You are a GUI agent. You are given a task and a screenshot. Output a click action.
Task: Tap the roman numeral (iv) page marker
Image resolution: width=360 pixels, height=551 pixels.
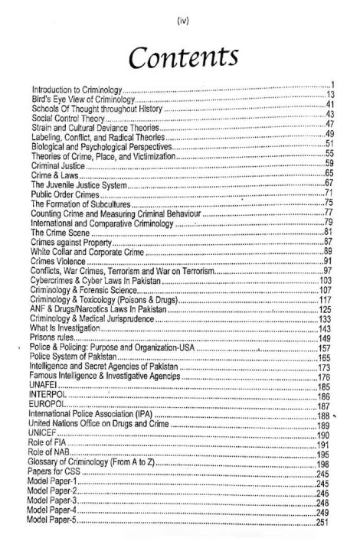click(180, 12)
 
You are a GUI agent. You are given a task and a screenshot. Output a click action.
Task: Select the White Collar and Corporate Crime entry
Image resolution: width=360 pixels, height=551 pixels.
click(93, 251)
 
